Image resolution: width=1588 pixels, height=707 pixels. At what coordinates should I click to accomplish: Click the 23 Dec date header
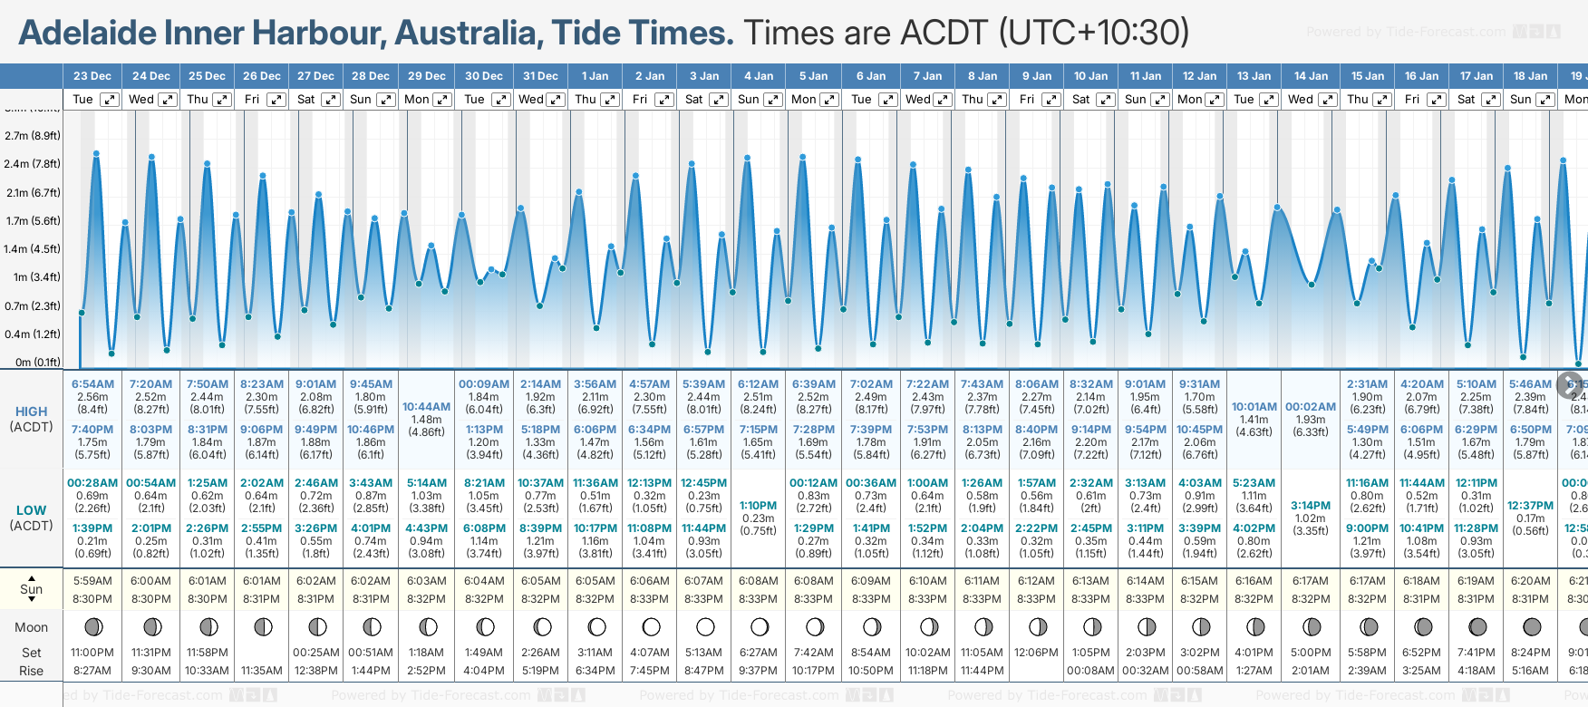(92, 76)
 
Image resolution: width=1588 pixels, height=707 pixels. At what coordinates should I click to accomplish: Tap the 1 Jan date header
(595, 76)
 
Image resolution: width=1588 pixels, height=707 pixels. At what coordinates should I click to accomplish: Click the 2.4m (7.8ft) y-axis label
(32, 164)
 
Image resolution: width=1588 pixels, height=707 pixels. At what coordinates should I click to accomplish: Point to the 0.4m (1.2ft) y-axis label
(32, 334)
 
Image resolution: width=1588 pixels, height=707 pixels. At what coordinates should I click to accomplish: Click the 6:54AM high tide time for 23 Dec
(92, 384)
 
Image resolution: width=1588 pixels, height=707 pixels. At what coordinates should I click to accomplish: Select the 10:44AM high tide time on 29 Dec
(426, 407)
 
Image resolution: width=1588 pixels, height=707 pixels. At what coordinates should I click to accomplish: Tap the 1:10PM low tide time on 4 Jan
(758, 506)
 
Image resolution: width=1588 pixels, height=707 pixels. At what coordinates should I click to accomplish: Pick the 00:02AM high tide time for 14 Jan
(1311, 407)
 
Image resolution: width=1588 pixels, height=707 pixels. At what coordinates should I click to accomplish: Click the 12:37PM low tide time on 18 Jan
(1530, 506)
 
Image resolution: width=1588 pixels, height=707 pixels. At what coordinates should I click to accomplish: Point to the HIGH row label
(31, 412)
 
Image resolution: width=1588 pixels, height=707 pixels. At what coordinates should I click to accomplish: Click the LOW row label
(31, 510)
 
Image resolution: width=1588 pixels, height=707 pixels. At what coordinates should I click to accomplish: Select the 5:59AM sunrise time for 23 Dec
(92, 581)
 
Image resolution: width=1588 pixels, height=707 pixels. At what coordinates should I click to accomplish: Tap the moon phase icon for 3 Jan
(705, 626)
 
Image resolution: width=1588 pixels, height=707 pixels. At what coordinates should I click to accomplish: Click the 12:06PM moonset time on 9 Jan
(1036, 653)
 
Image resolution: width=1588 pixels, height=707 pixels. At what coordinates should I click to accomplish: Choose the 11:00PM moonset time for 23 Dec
(92, 653)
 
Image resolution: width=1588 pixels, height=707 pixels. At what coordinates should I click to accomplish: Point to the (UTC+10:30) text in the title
(1094, 33)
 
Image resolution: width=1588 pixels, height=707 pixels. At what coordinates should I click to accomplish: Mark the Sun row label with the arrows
(31, 589)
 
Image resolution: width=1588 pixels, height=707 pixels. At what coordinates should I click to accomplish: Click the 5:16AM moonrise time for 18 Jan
(1530, 671)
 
